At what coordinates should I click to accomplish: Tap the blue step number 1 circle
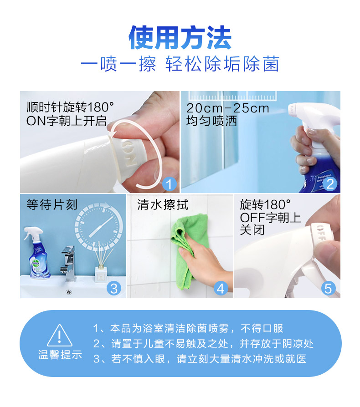169,184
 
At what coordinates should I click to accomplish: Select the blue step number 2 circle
330,184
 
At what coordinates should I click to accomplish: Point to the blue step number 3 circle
114,288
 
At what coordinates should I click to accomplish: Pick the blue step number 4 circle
221,288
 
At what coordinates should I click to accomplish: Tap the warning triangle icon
60,335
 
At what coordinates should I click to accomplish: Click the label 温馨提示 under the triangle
60,355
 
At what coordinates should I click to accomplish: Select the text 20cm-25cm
228,108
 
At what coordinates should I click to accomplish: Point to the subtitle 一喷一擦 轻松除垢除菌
180,64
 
